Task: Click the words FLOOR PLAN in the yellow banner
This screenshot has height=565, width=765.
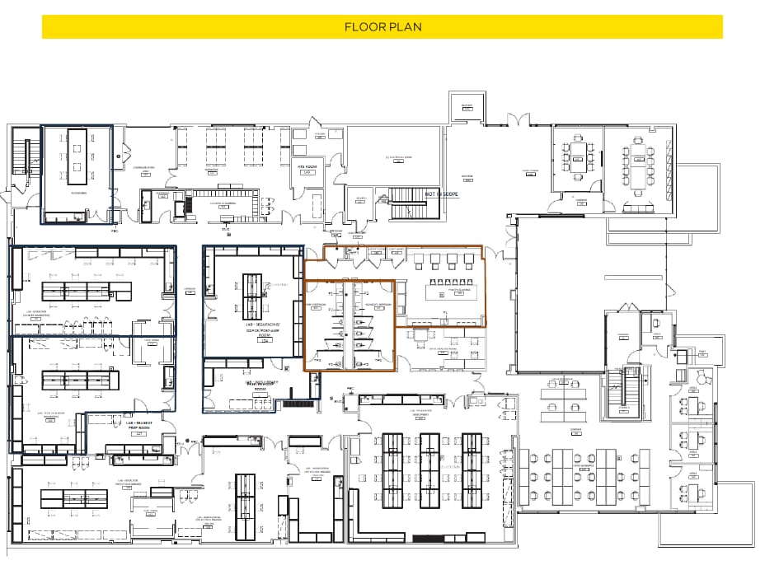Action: (382, 27)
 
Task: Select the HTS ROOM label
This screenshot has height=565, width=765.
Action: (307, 166)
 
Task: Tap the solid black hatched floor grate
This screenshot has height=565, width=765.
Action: (298, 404)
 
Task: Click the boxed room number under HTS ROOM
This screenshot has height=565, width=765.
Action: (307, 173)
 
